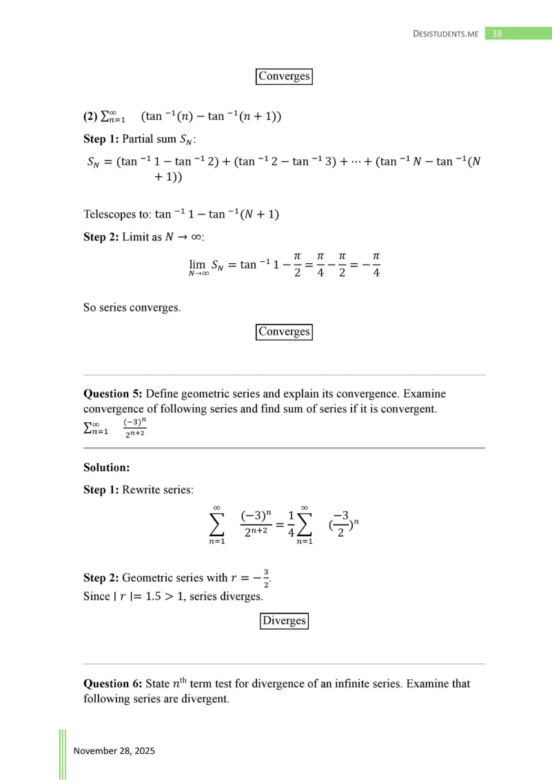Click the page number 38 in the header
(x=498, y=33)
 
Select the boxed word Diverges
(x=284, y=621)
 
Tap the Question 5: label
(x=113, y=394)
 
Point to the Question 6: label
(x=113, y=684)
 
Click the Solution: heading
(x=107, y=467)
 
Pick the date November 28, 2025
(x=114, y=750)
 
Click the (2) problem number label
(x=90, y=116)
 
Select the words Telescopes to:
(x=117, y=214)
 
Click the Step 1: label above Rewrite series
(x=101, y=490)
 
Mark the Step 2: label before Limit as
(x=101, y=237)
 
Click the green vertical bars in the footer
(x=62, y=754)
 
